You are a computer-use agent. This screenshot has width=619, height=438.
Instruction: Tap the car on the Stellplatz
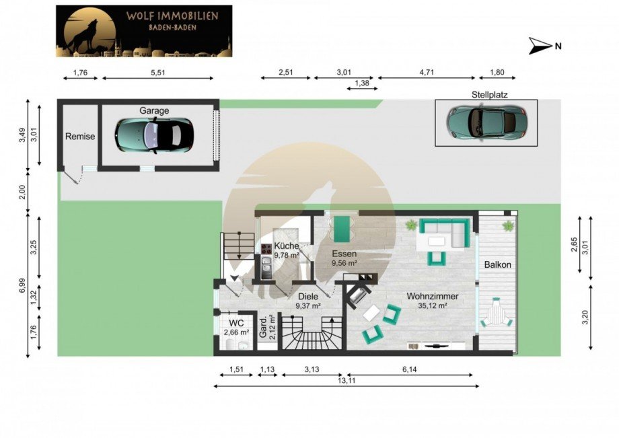click(486, 122)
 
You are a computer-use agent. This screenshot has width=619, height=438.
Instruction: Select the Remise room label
click(80, 137)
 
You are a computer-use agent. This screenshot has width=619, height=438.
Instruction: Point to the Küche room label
click(286, 246)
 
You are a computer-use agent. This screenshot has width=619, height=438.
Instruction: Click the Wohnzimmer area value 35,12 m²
click(432, 305)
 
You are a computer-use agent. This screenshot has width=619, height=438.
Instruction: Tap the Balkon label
click(497, 265)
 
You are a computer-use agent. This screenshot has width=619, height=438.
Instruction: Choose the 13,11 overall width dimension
click(346, 381)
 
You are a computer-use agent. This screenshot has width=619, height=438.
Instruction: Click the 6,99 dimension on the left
click(22, 286)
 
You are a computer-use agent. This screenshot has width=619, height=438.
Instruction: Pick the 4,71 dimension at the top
click(427, 73)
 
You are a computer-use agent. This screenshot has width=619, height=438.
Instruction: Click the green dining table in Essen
click(342, 229)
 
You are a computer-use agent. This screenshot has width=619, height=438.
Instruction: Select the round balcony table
click(497, 315)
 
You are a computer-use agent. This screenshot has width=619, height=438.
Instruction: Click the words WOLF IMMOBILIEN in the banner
click(172, 16)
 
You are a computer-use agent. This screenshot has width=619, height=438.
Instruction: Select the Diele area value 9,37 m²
click(308, 305)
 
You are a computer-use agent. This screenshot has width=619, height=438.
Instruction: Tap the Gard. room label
click(263, 328)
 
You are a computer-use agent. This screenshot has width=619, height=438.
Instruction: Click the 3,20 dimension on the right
click(586, 318)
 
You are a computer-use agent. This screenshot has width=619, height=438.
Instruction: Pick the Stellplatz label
click(490, 95)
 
